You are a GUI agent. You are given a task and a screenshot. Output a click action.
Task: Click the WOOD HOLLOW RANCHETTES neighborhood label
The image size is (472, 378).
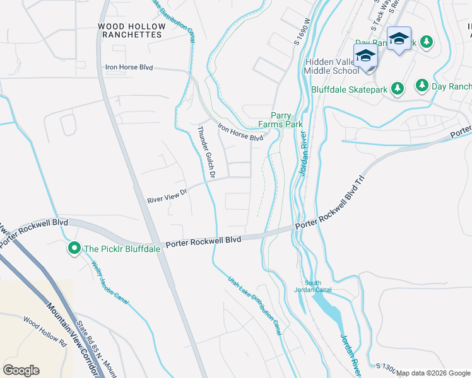point(131,30)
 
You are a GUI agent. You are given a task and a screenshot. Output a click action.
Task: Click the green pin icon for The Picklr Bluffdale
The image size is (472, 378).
point(74,249)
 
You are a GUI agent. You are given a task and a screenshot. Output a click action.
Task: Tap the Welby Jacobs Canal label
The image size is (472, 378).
point(110,283)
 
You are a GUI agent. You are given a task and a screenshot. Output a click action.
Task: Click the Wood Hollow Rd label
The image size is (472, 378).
point(45,332)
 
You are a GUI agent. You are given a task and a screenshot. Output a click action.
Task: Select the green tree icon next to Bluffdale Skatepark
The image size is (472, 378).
point(398,89)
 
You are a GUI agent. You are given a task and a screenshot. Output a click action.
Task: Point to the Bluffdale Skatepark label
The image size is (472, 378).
point(348,89)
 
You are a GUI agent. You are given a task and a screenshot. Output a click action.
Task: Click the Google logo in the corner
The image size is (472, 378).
point(21,370)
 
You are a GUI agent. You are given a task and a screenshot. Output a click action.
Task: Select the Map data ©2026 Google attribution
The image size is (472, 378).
point(433,373)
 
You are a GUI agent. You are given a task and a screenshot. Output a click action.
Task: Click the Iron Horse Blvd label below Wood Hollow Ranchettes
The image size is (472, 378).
point(129,67)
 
